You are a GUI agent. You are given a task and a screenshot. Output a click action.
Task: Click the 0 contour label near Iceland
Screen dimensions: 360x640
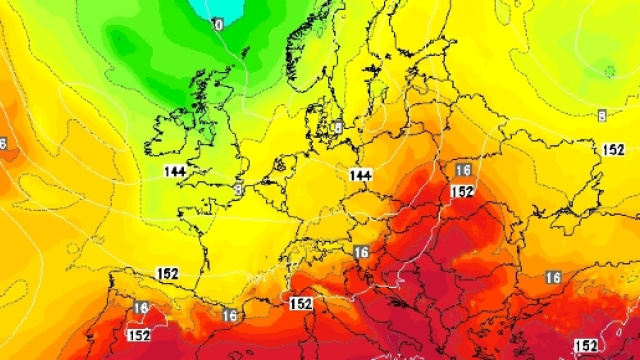pyautogui.click(x=218, y=22)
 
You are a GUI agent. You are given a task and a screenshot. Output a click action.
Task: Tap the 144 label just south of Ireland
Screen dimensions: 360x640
pyautogui.click(x=175, y=171)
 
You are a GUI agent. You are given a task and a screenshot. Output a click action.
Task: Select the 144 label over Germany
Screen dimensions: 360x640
pyautogui.click(x=360, y=175)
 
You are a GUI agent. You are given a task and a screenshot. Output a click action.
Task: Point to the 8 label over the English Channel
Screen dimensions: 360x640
pyautogui.click(x=238, y=187)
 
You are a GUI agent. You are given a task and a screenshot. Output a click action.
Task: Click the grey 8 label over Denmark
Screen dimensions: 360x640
pyautogui.click(x=338, y=127)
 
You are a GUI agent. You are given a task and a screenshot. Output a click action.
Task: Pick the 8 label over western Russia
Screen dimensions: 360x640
pyautogui.click(x=601, y=117)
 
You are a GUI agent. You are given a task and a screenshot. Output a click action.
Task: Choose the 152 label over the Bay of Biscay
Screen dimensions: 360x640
pyautogui.click(x=167, y=273)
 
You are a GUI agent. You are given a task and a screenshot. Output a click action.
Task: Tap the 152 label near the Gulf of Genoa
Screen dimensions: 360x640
pyautogui.click(x=300, y=303)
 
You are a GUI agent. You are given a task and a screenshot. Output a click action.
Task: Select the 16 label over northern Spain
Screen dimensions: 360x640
pyautogui.click(x=140, y=307)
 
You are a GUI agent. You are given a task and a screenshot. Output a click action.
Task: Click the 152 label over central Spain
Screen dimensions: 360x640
pyautogui.click(x=138, y=335)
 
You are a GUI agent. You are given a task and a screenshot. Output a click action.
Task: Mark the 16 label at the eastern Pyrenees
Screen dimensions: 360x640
pyautogui.click(x=230, y=315)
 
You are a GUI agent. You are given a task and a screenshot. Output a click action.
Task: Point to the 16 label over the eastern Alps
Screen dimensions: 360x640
pyautogui.click(x=361, y=252)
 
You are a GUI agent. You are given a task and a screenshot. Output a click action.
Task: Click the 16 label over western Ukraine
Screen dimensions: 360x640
pyautogui.click(x=462, y=171)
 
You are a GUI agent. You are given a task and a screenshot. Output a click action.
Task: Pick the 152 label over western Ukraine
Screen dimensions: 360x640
pyautogui.click(x=462, y=191)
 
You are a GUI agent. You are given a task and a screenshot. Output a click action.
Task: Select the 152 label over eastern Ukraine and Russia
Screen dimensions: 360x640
pyautogui.click(x=613, y=149)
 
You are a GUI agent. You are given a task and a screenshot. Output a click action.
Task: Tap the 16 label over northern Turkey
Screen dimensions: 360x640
pyautogui.click(x=553, y=277)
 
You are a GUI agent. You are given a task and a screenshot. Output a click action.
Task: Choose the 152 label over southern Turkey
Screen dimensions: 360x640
pyautogui.click(x=586, y=346)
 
